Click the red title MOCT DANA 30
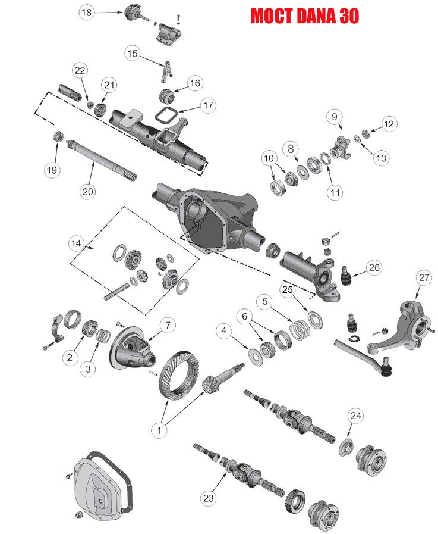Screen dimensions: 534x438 click(x=304, y=15)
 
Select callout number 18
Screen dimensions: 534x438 click(x=87, y=13)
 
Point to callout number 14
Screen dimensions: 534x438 click(x=76, y=243)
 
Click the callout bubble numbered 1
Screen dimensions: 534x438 click(x=159, y=428)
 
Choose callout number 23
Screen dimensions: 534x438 click(x=208, y=498)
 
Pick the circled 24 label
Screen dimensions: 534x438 click(x=355, y=415)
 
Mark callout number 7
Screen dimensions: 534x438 click(x=168, y=326)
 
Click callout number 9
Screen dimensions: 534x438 click(x=335, y=116)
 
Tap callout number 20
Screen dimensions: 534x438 click(x=88, y=192)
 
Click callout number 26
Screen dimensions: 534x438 click(x=373, y=267)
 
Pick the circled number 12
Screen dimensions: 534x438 click(x=388, y=124)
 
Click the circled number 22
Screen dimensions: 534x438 click(x=80, y=70)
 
